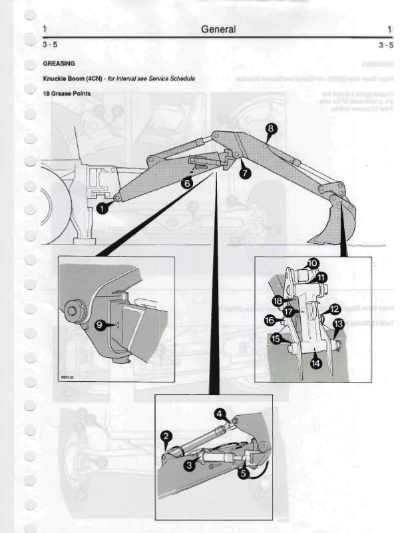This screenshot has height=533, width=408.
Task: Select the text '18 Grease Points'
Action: tap(67, 93)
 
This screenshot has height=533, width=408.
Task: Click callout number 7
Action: tap(245, 173)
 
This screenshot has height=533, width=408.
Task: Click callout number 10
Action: tap(313, 263)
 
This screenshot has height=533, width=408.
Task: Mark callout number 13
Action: tap(338, 323)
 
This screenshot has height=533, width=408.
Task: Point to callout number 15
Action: tap(275, 339)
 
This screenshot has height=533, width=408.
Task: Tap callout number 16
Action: tap(270, 320)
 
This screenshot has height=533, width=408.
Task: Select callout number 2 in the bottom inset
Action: tap(166, 436)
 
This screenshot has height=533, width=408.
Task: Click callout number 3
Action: tap(189, 465)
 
